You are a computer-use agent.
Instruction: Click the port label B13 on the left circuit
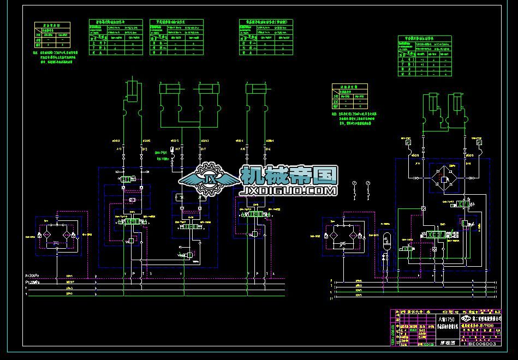[144, 148]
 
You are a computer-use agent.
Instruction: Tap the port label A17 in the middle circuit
[178, 148]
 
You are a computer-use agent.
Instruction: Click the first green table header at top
[115, 23]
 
